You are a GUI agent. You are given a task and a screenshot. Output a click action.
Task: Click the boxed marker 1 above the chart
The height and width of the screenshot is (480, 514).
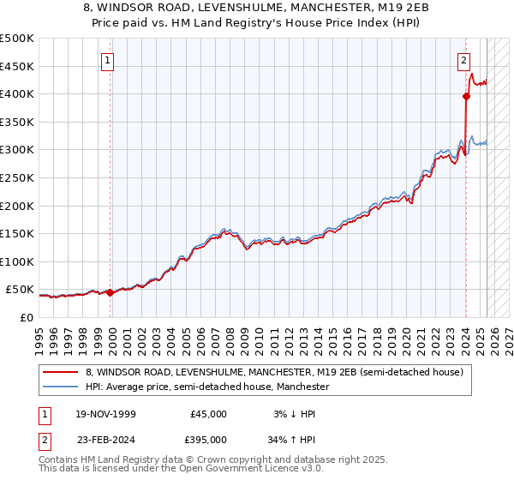108,60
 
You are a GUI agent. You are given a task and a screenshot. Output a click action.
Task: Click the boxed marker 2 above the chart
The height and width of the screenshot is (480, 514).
463,60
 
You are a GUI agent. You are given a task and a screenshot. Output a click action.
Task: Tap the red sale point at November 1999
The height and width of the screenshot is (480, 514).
111,292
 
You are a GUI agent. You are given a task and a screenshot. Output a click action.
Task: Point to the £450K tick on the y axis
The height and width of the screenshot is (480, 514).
17,66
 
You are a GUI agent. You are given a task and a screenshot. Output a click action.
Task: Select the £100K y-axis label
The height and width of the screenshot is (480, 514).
17,261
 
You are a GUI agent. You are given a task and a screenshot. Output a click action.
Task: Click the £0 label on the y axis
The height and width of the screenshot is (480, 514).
26,317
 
